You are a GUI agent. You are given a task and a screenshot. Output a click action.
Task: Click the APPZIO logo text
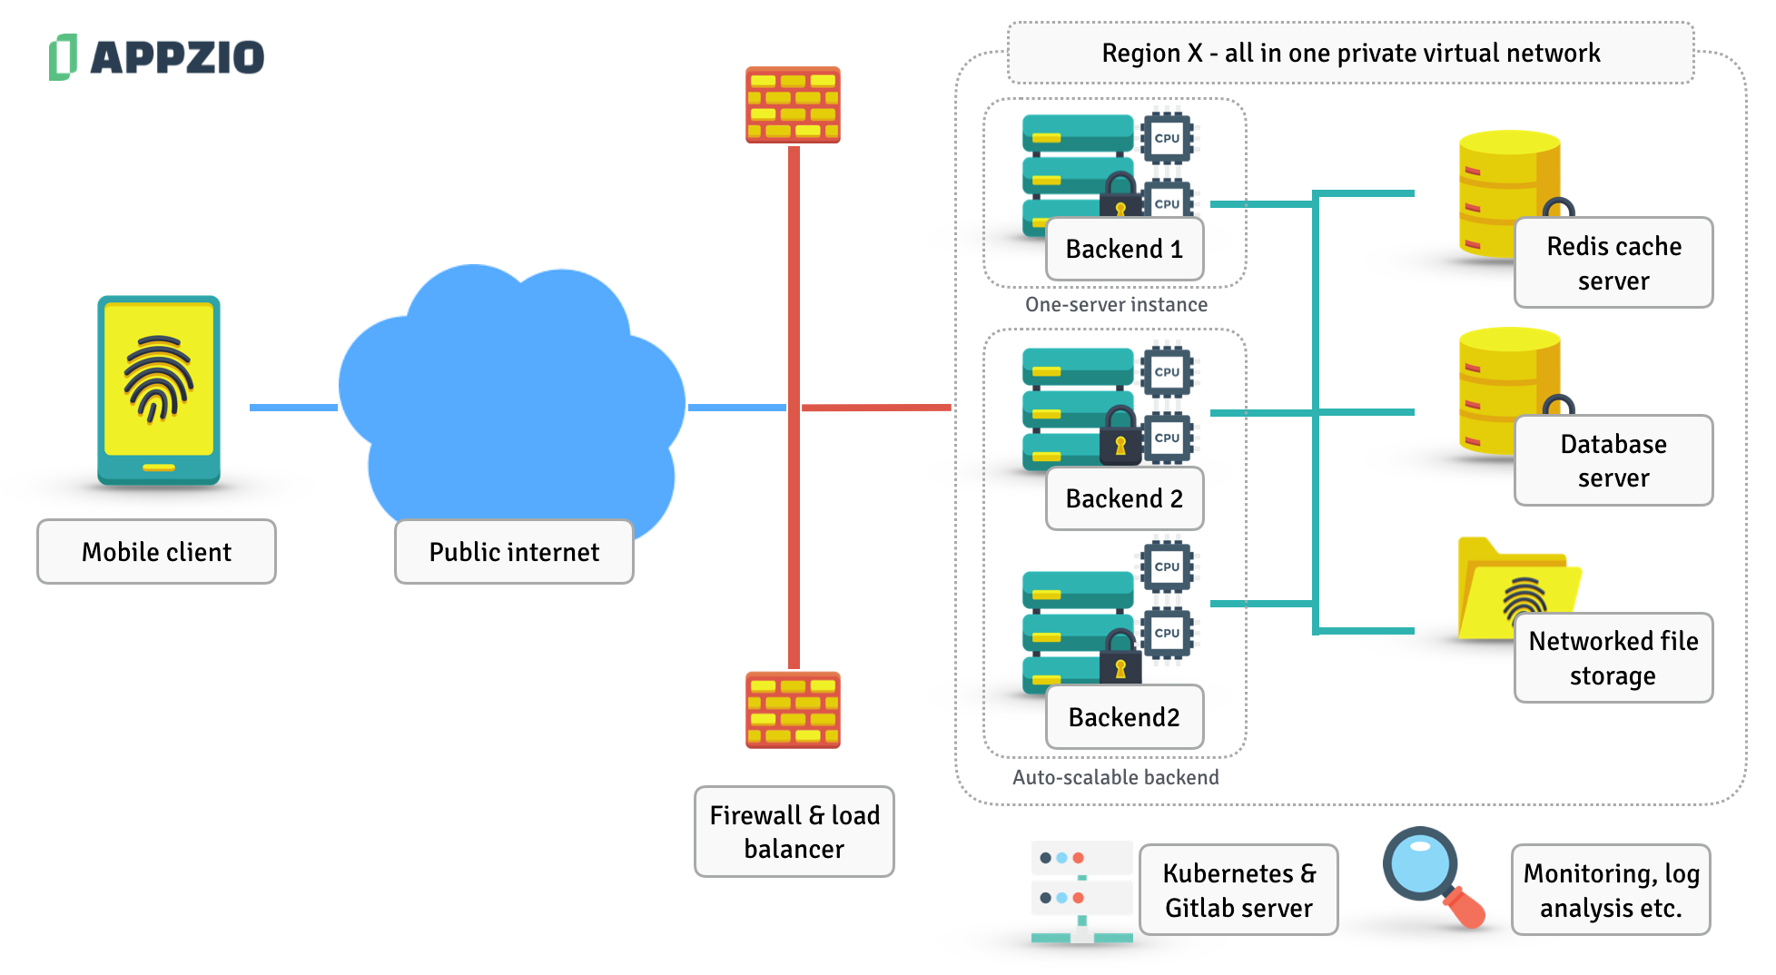pos(177,57)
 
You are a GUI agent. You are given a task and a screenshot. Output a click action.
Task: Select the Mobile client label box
pos(156,552)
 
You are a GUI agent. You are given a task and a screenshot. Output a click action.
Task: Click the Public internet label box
pos(514,552)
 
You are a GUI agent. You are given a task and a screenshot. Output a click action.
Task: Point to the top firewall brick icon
pos(793,104)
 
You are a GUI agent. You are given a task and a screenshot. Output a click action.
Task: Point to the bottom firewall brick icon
pos(793,710)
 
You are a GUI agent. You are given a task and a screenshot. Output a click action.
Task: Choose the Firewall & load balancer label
pos(794,832)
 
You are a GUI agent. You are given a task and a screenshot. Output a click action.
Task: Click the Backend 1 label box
pos(1124,249)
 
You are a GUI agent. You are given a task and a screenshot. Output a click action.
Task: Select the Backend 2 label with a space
pos(1124,498)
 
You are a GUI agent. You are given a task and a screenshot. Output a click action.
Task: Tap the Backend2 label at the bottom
pos(1124,717)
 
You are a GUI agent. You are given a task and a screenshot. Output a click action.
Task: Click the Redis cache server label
pos(1613,263)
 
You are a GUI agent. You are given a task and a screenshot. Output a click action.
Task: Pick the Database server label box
pos(1613,460)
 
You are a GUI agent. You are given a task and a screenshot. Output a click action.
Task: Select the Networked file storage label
pos(1613,658)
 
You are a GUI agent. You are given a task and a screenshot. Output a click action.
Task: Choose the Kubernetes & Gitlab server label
pos(1238,890)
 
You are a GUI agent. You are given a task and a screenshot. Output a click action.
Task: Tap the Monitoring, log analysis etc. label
pos(1611,890)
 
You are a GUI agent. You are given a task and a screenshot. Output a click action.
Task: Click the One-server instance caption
pos(1116,305)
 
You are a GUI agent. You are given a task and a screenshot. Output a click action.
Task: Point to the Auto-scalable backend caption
pos(1116,778)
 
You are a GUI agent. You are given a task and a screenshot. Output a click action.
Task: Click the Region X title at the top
pos(1350,54)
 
